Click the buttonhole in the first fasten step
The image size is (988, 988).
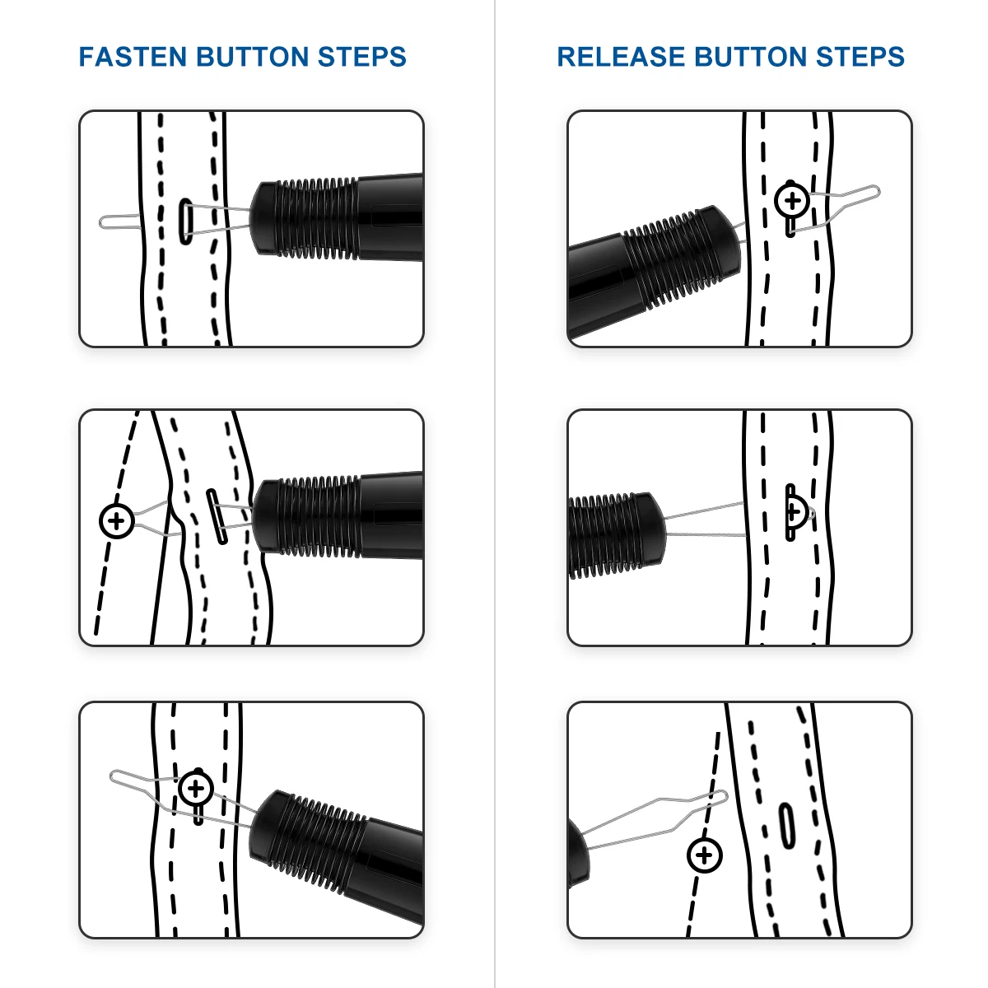185,221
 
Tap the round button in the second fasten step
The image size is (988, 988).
117,520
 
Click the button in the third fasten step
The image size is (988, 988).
196,790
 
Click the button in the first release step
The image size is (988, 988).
792,200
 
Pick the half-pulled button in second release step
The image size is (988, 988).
795,512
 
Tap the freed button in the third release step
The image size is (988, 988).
704,855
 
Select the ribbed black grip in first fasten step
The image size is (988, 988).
309,217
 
